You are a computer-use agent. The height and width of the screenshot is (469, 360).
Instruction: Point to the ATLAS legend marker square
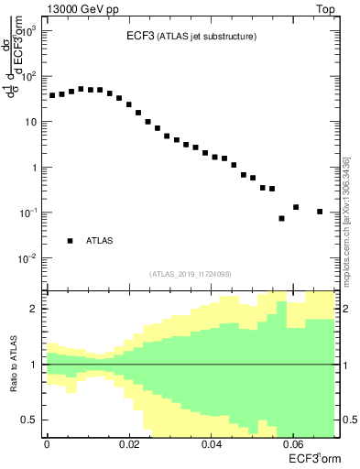tap(70, 241)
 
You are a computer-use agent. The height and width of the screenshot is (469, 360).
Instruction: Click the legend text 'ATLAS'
tap(100, 241)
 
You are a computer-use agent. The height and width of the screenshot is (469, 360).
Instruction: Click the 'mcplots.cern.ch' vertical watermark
tap(345, 220)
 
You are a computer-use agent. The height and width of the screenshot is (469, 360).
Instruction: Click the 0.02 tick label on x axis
tap(129, 444)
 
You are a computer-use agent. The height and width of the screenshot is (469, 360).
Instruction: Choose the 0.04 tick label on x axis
tap(211, 444)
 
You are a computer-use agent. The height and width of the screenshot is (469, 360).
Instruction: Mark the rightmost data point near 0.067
tap(320, 212)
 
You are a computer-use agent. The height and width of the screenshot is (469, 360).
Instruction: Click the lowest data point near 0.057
tap(281, 218)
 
